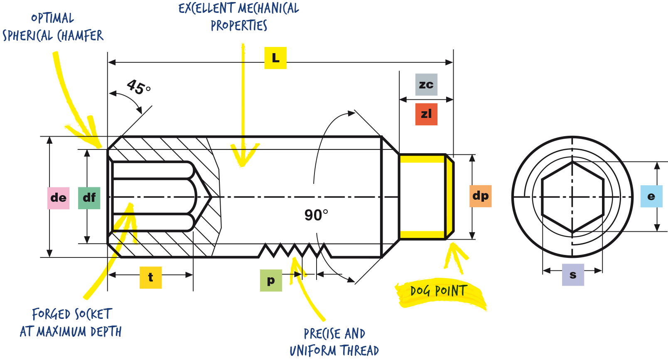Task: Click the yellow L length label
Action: (x=275, y=58)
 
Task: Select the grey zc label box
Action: (x=426, y=85)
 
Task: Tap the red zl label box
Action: (x=426, y=114)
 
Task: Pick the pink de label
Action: (x=59, y=198)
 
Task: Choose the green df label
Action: (x=89, y=198)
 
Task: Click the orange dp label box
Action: (x=481, y=196)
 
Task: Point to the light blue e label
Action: (x=651, y=196)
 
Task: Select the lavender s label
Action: (x=573, y=275)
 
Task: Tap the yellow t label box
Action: (x=150, y=277)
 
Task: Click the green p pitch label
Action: (x=271, y=280)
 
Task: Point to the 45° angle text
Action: (x=139, y=87)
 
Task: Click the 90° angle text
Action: (x=316, y=215)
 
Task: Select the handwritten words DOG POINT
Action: (x=439, y=291)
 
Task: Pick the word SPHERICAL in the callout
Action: (x=27, y=36)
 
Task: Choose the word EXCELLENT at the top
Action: (x=206, y=8)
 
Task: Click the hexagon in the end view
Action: (x=572, y=197)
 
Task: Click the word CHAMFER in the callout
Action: (x=80, y=36)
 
